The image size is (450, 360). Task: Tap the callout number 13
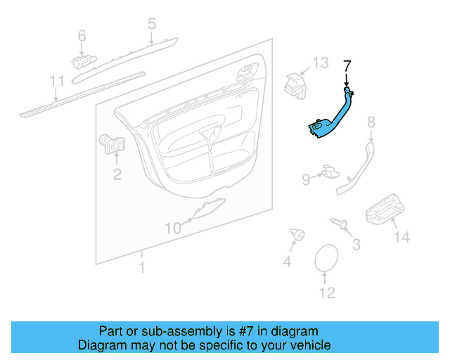pos(321,63)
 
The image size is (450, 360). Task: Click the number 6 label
pos(82,35)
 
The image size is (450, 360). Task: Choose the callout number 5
pos(151,25)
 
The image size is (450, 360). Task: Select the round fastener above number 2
pos(110,142)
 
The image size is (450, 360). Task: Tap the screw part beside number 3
pos(340,224)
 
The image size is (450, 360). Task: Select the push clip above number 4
pos(296,235)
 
